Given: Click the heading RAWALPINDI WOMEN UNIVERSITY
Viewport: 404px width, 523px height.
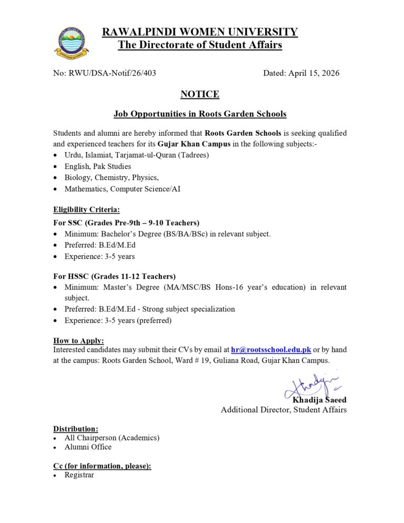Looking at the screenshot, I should [x=200, y=32].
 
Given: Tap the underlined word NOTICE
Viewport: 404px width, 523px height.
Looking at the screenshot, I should [x=200, y=95].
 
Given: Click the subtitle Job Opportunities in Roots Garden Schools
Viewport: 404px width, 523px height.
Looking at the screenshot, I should [x=200, y=114].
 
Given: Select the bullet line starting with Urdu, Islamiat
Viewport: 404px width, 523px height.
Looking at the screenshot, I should [x=136, y=155].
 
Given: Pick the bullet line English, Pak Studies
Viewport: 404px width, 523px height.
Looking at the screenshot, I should [x=98, y=166].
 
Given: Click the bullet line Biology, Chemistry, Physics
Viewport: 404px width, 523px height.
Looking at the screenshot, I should [x=112, y=177].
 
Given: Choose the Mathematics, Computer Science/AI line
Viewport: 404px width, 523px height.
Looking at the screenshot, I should [x=122, y=188].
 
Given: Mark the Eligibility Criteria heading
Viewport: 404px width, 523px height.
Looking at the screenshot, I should [x=86, y=210].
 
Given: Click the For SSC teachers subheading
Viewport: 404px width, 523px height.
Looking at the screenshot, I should [x=126, y=223].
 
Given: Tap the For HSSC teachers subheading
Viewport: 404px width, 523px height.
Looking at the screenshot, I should [x=114, y=276].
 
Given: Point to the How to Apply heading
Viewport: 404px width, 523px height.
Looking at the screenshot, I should [x=78, y=340].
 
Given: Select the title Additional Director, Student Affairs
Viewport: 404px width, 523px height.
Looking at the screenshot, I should [x=284, y=410].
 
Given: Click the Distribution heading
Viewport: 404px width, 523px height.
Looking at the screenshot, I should [x=75, y=429].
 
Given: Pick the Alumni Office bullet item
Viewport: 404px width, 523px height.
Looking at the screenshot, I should [x=88, y=447].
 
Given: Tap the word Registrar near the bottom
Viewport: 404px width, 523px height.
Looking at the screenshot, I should [x=79, y=475].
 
